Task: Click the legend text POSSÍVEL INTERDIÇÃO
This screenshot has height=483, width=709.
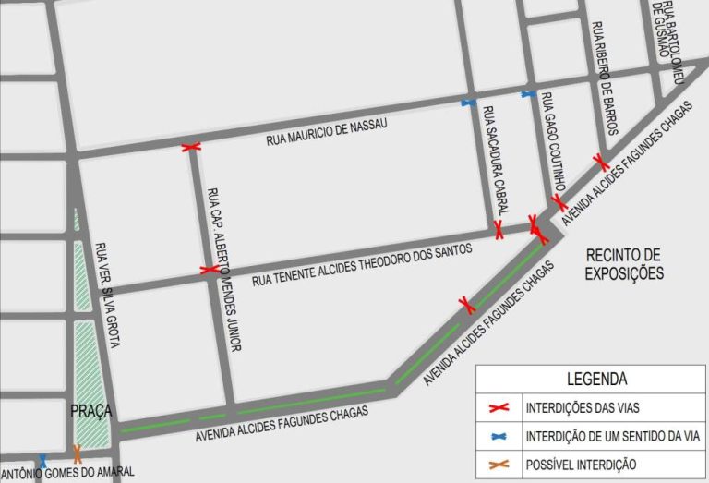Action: pyautogui.click(x=581, y=464)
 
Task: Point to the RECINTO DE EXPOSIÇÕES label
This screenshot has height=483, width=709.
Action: pyautogui.click(x=624, y=263)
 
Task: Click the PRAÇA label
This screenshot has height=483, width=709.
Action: pyautogui.click(x=90, y=409)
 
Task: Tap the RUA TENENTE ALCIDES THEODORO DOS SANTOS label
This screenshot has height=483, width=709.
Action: pyautogui.click(x=362, y=263)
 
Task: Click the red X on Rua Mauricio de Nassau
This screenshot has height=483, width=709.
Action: pyautogui.click(x=191, y=147)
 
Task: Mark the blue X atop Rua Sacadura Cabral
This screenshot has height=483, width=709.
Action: pyautogui.click(x=469, y=103)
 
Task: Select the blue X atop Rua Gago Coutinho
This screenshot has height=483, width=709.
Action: pyautogui.click(x=528, y=93)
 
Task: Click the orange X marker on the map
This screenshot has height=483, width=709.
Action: pyautogui.click(x=78, y=453)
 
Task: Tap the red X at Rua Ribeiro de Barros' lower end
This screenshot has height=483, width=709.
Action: pyautogui.click(x=602, y=163)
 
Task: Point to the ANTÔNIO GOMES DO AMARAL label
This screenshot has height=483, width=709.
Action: pyautogui.click(x=66, y=472)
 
